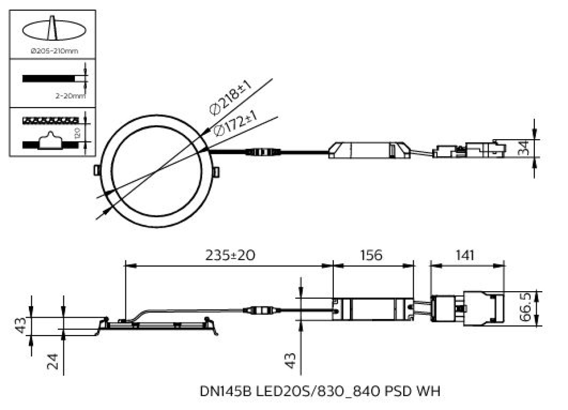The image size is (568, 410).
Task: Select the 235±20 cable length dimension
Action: coord(230,255)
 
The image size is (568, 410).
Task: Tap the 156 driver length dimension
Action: coord(371,255)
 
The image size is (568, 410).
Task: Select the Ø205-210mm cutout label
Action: coord(54,51)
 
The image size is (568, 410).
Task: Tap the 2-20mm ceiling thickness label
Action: coord(71,96)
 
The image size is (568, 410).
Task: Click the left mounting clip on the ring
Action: coord(97,169)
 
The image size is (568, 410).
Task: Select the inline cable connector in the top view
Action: coord(262,152)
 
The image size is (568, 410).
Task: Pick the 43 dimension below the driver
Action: coord(293,360)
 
